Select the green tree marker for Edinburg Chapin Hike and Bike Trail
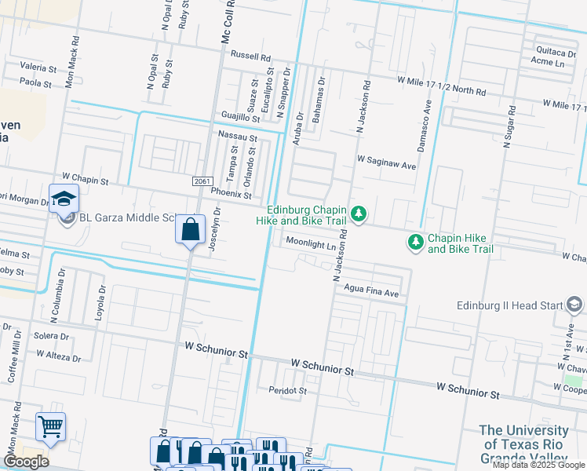[x=359, y=214]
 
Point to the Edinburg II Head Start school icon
[x=574, y=305]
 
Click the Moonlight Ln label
[x=310, y=244]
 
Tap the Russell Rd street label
[x=250, y=57]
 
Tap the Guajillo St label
[x=240, y=116]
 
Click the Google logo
[x=26, y=461]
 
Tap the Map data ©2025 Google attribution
[x=538, y=465]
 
